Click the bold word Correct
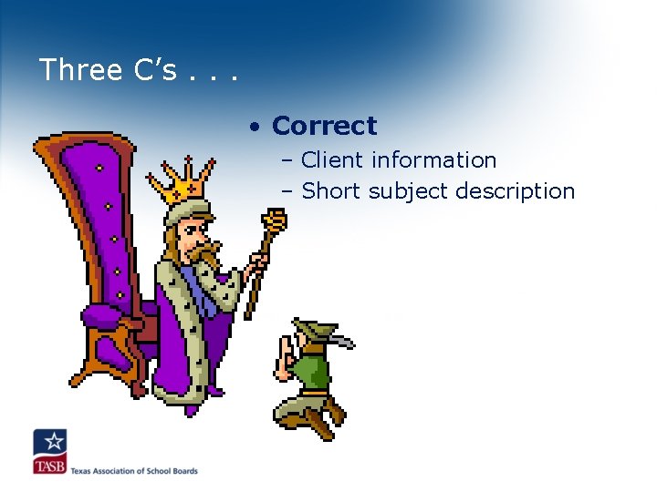coord(324,126)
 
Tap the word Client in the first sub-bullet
coord(331,160)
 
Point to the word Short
coord(329,191)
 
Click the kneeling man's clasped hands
coord(285,351)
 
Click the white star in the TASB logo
coord(53,443)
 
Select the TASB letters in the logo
coord(50,466)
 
